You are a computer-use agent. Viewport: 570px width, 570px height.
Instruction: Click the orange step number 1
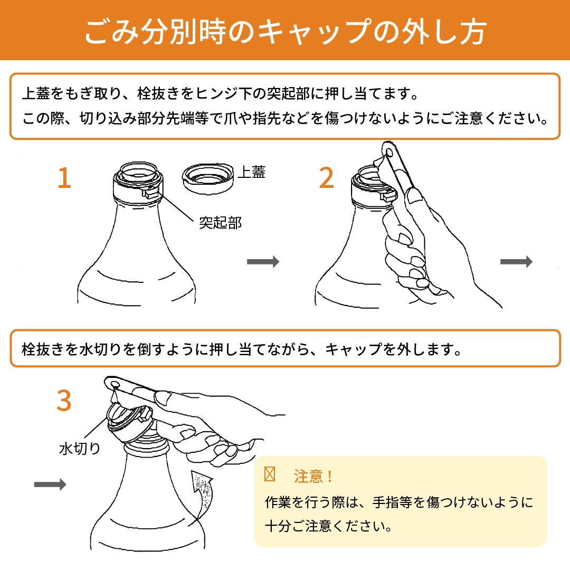click(65, 178)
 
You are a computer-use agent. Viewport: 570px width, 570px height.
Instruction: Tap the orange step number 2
click(327, 178)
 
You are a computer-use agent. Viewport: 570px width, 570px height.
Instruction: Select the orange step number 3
click(64, 401)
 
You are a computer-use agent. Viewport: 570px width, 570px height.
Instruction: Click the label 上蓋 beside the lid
click(252, 172)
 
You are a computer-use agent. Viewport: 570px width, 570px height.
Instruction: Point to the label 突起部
click(221, 223)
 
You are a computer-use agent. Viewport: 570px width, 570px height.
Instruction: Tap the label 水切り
click(80, 448)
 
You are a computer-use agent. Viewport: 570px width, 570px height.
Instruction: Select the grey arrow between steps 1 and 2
click(263, 261)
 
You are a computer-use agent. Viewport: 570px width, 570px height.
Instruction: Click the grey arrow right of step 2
click(517, 261)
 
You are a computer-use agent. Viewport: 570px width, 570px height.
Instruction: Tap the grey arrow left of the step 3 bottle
click(50, 484)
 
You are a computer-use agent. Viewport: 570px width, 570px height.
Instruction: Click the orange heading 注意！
click(313, 476)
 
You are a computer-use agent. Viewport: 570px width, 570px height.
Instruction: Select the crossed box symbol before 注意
click(270, 474)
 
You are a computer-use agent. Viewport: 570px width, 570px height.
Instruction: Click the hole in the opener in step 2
click(389, 151)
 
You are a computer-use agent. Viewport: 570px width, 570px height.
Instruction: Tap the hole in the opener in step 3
click(115, 384)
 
